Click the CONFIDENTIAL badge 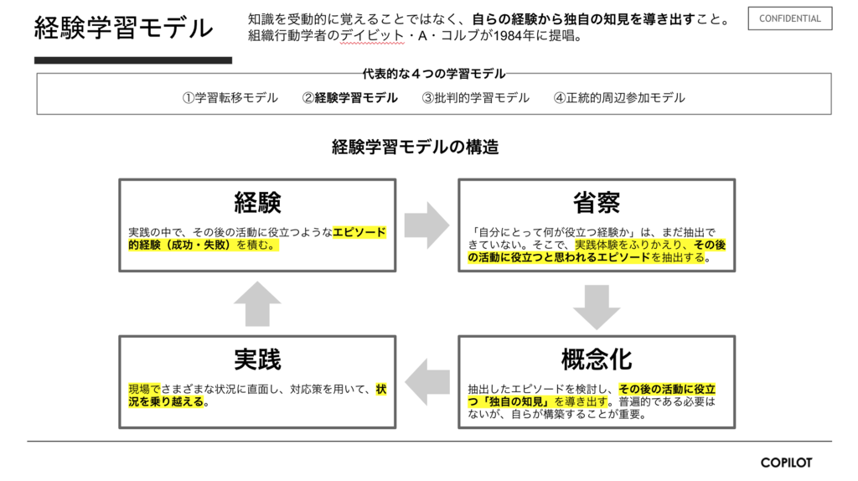coord(789,18)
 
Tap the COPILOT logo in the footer coord(786,463)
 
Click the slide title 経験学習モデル coord(123,28)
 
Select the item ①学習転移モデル coord(230,98)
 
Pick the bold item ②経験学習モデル coord(350,98)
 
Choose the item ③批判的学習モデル coord(476,98)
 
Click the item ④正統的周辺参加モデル coord(619,98)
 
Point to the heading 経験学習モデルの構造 coord(416,148)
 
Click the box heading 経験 coord(257,202)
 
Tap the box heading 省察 coord(597,202)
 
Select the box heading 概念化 coord(597,359)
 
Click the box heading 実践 coord(257,359)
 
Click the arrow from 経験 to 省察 coord(426,225)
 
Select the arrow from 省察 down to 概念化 coord(597,306)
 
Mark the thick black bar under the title coord(132,60)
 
